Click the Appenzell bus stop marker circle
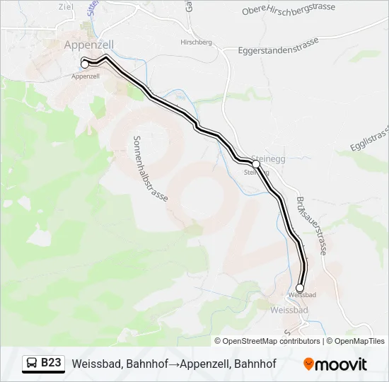click(x=85, y=64)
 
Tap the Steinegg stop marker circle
click(x=256, y=164)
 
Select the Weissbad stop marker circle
click(x=300, y=288)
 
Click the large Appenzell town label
click(x=89, y=44)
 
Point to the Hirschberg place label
click(x=197, y=42)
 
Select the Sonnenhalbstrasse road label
click(x=150, y=169)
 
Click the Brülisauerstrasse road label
click(x=311, y=225)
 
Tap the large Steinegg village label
click(x=268, y=160)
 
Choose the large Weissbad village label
click(x=289, y=310)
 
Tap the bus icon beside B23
click(x=33, y=364)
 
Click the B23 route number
click(x=52, y=363)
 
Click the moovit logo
click(x=335, y=364)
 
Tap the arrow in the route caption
click(x=173, y=364)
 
